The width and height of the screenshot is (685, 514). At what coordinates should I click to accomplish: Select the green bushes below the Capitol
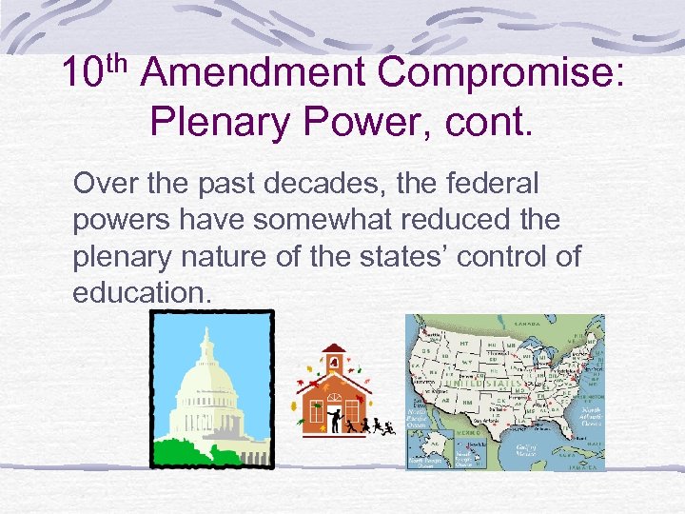(209, 451)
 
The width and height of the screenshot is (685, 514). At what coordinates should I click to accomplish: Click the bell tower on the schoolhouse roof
(334, 361)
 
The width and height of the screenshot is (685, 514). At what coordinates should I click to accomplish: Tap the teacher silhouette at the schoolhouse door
(334, 419)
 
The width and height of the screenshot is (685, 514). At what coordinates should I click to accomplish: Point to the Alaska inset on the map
(431, 446)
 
